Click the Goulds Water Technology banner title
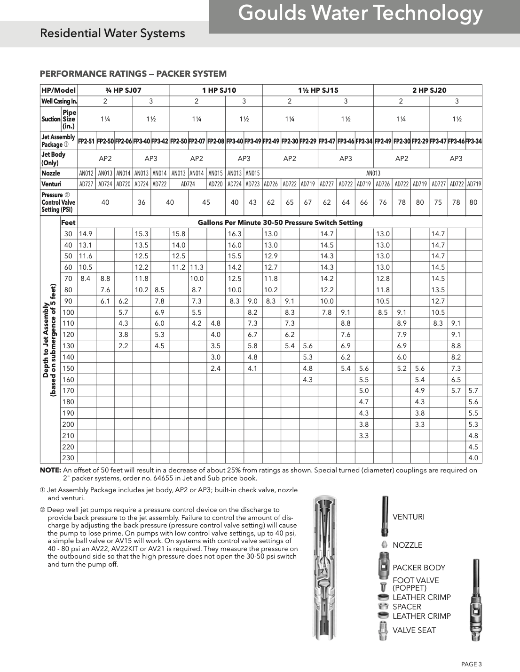point(360,14)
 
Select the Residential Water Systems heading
point(112,33)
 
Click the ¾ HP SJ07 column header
point(123,90)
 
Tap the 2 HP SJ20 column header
point(429,90)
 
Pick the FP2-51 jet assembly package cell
point(87,141)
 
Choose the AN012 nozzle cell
point(87,173)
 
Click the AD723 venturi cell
point(252,184)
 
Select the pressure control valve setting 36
point(142,202)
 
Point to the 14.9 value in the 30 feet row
point(86,234)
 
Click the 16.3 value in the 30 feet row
point(234,234)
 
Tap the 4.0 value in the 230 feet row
point(473,458)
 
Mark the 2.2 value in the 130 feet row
point(123,346)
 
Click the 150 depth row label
point(68,368)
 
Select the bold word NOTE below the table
point(50,470)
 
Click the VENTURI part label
point(408,517)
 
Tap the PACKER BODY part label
point(418,568)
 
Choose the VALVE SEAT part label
point(414,630)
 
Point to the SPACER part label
point(407,607)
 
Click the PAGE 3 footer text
point(471,664)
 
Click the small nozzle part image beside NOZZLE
point(384,545)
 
